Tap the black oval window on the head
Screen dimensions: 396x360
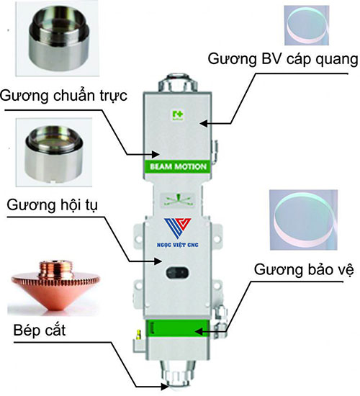point(178,274)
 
